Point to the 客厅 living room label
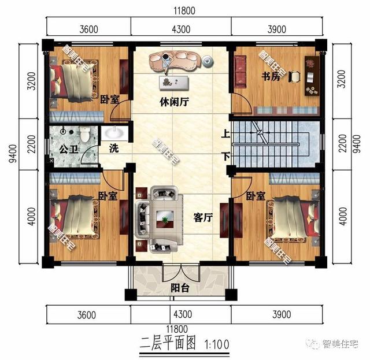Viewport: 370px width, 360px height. (203, 217)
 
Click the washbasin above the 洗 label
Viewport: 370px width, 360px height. (116, 134)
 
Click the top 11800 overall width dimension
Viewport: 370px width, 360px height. (184, 10)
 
